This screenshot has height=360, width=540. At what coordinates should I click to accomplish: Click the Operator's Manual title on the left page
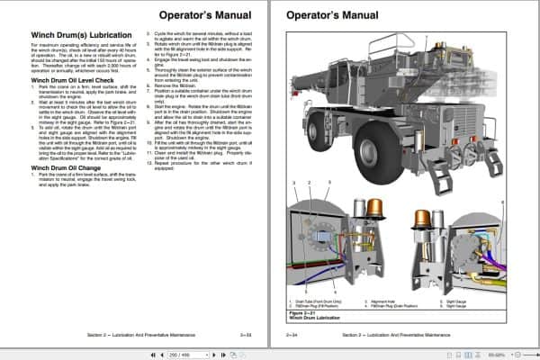(203, 15)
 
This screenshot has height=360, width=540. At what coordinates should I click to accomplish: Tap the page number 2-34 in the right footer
(292, 336)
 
